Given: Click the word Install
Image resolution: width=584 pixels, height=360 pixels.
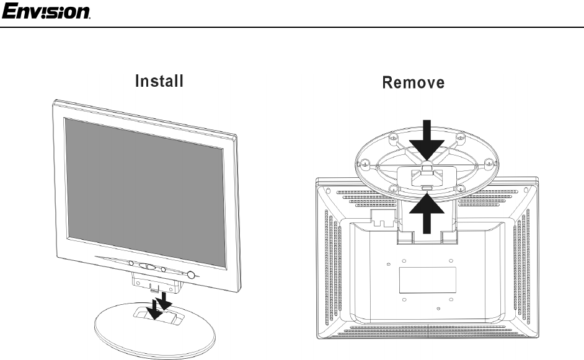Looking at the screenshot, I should point(159,81).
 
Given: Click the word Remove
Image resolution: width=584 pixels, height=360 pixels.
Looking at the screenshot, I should point(414,82).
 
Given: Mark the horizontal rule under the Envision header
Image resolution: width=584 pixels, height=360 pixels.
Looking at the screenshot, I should point(292,27).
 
